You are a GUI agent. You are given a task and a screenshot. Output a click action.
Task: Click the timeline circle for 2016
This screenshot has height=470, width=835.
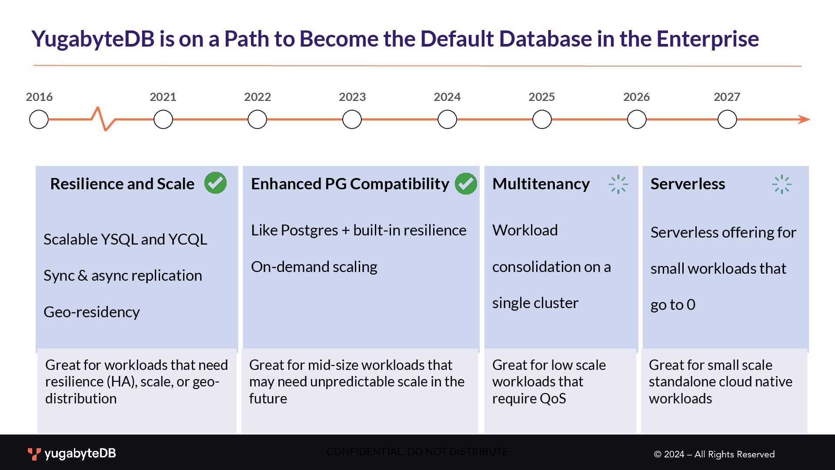click(39, 119)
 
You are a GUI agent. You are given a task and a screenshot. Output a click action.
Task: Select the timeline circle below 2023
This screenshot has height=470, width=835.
click(352, 119)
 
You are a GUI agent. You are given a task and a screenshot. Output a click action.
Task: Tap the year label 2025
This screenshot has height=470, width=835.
click(541, 97)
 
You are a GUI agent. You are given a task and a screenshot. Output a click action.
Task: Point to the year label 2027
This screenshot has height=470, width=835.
click(727, 97)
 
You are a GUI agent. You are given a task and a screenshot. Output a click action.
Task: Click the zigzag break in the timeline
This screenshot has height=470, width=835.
click(103, 118)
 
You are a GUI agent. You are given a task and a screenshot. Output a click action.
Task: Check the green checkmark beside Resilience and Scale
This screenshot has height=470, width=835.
click(216, 183)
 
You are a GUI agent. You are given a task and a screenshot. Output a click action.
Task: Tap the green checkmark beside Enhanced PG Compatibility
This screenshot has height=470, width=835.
click(466, 183)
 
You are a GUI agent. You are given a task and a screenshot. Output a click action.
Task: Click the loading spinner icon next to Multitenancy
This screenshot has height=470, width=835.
click(618, 184)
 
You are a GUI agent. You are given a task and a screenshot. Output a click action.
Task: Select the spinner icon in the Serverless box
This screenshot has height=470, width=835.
click(782, 184)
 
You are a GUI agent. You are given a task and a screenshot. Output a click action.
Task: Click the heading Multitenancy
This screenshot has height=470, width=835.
click(541, 184)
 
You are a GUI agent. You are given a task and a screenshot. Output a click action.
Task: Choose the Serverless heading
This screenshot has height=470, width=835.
click(688, 184)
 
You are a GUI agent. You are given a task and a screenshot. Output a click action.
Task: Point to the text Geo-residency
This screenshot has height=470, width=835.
click(92, 312)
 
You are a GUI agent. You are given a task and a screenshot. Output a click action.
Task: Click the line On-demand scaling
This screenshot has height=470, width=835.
click(314, 267)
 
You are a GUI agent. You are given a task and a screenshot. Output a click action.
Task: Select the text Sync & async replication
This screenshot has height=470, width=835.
click(123, 275)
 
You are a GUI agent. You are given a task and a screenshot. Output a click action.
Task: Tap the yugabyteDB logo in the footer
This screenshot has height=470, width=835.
click(72, 454)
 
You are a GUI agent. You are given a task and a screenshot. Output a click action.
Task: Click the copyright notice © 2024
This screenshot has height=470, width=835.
click(714, 454)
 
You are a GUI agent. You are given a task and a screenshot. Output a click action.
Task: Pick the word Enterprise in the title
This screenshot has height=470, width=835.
click(708, 39)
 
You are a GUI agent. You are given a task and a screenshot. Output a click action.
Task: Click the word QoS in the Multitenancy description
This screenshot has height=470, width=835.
click(553, 399)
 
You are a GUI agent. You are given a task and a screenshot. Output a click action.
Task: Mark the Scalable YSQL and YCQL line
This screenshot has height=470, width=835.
click(125, 239)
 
